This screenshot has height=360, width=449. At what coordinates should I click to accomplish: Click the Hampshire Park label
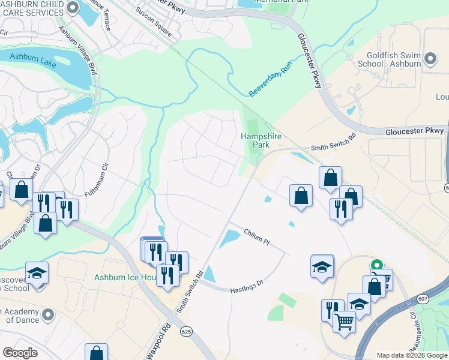click(261, 140)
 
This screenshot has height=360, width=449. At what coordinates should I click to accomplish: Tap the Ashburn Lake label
click(32, 61)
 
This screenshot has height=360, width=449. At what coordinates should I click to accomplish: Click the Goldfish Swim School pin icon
click(430, 58)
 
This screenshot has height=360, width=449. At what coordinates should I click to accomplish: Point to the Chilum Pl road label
click(258, 237)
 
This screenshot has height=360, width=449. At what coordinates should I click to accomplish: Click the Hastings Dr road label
click(247, 287)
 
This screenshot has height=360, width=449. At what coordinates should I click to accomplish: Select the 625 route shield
click(187, 331)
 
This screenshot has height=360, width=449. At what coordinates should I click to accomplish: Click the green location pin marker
click(376, 265)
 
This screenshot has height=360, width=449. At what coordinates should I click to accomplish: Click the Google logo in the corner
click(20, 353)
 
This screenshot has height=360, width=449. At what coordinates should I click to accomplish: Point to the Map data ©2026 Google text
click(411, 355)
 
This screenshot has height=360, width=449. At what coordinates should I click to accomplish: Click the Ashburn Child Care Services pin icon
click(73, 8)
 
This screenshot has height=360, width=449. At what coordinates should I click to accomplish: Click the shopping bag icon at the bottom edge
click(96, 353)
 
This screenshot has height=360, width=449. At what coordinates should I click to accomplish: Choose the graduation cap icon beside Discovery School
click(36, 273)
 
